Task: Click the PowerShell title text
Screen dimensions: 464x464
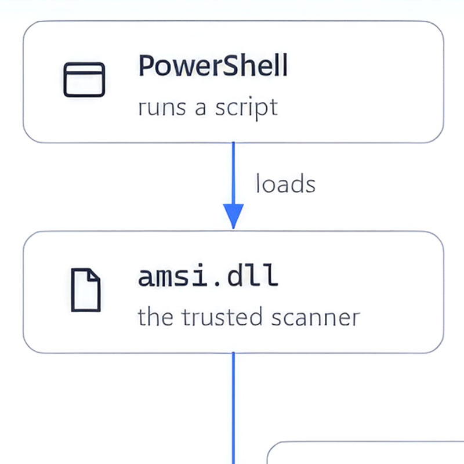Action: click(x=213, y=65)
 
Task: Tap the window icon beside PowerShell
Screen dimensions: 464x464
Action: click(x=84, y=79)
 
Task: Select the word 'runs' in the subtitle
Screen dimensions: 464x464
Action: click(x=162, y=107)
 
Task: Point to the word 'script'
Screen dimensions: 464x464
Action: click(x=246, y=108)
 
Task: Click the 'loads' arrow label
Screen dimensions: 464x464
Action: click(x=285, y=183)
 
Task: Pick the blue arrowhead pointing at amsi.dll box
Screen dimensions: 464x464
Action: click(x=233, y=215)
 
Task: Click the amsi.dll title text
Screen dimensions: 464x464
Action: click(x=208, y=275)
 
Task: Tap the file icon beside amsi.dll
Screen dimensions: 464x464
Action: click(x=86, y=289)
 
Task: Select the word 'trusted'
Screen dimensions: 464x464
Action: click(x=222, y=317)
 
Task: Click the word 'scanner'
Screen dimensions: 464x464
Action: click(x=316, y=318)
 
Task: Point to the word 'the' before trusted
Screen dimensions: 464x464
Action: click(x=155, y=317)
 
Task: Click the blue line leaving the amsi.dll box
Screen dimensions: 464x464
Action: click(x=233, y=408)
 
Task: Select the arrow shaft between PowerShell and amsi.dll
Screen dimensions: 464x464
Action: click(x=233, y=173)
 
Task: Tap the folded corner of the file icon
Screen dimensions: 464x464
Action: click(x=93, y=275)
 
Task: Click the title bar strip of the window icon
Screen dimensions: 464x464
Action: click(x=84, y=68)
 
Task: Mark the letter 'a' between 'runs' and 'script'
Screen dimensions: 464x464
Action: click(x=200, y=108)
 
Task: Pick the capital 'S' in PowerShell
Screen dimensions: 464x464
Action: click(x=230, y=66)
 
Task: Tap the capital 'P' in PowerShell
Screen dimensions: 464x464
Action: click(x=146, y=66)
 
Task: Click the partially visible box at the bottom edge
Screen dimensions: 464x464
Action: click(x=365, y=452)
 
